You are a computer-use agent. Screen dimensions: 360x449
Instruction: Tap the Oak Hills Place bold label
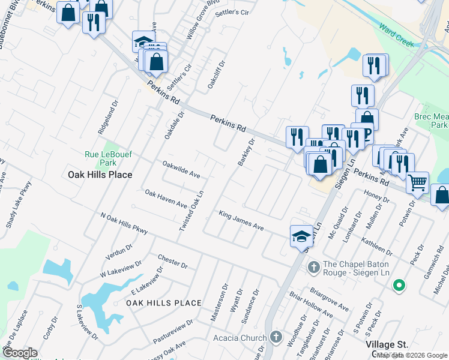click(96, 175)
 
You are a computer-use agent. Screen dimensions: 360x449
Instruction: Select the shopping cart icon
click(417, 182)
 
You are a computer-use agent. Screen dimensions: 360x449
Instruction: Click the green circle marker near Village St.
click(398, 286)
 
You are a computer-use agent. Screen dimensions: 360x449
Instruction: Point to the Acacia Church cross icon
click(276, 338)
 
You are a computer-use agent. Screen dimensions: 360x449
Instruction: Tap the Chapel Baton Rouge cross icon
click(313, 266)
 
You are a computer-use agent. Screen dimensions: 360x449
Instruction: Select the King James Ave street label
click(241, 221)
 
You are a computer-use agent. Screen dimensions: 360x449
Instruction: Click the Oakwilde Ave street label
click(181, 169)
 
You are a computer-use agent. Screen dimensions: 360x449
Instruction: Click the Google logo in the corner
click(20, 352)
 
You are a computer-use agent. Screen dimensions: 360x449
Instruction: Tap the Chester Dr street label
click(173, 261)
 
